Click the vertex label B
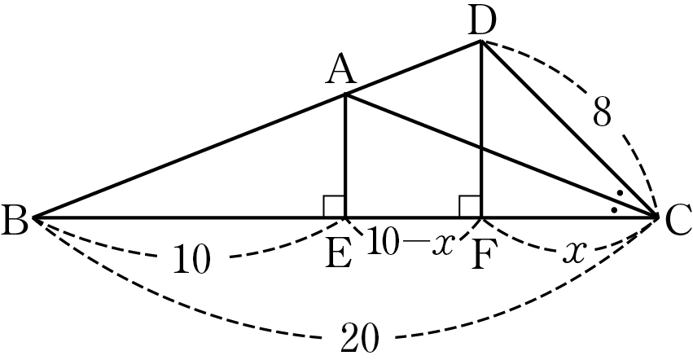[15, 219]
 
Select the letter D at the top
[482, 22]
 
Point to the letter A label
[340, 71]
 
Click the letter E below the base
[339, 254]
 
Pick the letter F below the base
[481, 256]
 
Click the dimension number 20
[360, 338]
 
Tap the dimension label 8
[602, 112]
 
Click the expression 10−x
[410, 241]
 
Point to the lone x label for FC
[574, 252]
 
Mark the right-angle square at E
[334, 207]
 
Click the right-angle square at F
[470, 207]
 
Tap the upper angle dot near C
[620, 193]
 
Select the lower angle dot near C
[614, 209]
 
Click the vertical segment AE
[345, 156]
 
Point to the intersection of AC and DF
[480, 148]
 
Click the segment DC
[568, 129]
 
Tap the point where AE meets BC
[345, 217]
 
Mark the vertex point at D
[480, 42]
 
